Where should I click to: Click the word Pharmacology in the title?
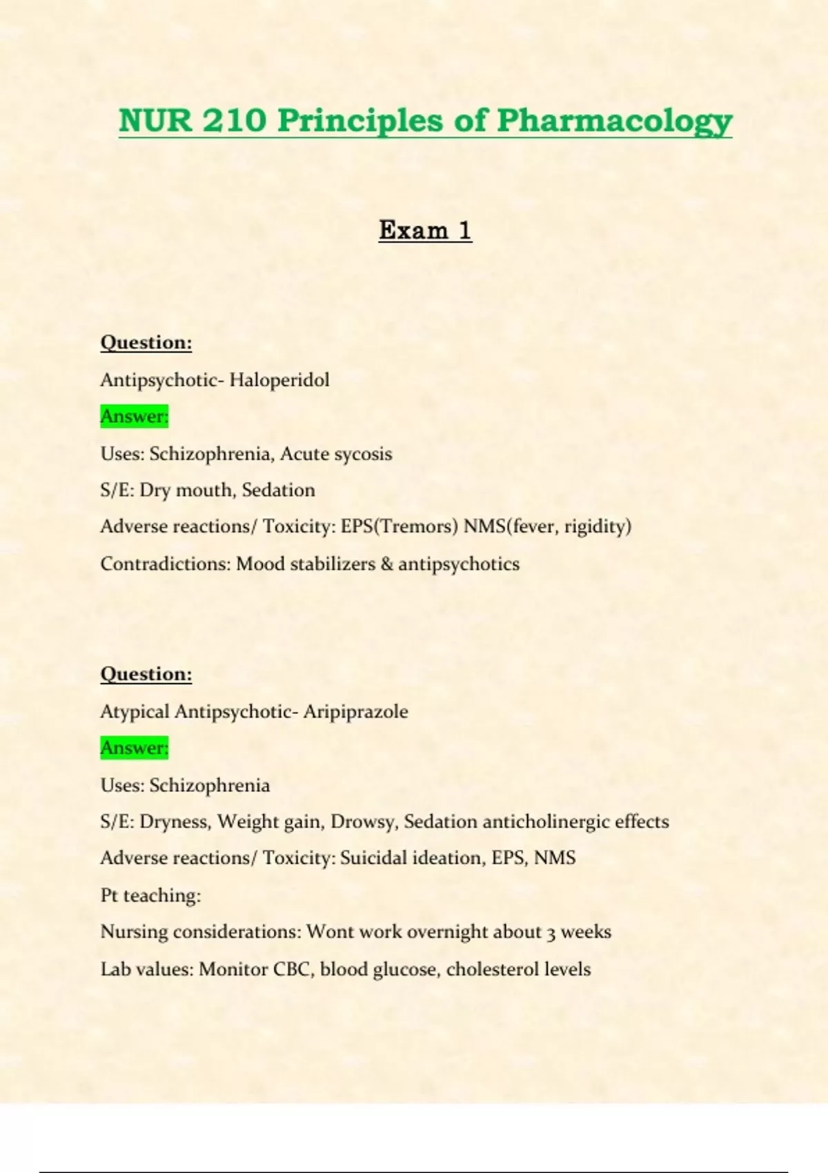[x=614, y=121]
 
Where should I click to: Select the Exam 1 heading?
[x=425, y=230]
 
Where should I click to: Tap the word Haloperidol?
[x=279, y=380]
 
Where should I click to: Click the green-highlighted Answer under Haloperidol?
[x=135, y=416]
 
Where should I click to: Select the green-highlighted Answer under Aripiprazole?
[x=135, y=747]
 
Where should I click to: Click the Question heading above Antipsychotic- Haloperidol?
[x=146, y=342]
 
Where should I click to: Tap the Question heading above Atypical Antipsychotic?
[x=146, y=673]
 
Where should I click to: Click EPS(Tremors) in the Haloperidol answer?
[x=400, y=526]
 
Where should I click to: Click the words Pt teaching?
[x=150, y=896]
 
